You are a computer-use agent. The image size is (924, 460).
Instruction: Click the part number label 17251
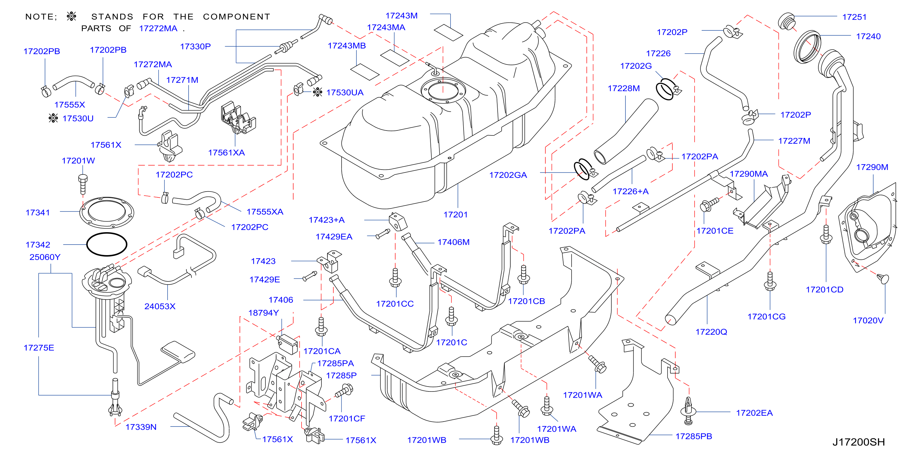[x=854, y=17]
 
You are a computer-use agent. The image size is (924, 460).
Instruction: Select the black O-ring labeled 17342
[x=107, y=244]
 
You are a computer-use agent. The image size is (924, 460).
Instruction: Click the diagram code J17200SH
[x=858, y=442]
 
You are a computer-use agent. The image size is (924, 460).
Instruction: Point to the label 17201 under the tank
[x=455, y=215]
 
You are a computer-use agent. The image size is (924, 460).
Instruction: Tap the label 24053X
[x=160, y=306]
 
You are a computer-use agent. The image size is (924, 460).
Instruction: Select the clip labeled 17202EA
[x=688, y=411]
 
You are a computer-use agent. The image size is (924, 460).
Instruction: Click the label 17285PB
[x=694, y=436]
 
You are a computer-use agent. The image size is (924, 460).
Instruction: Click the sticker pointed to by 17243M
[x=448, y=32]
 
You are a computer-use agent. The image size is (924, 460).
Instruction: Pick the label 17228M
[x=623, y=88]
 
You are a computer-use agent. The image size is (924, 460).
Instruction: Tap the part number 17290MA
[x=749, y=174]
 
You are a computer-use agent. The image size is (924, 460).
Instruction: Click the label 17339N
[x=141, y=427]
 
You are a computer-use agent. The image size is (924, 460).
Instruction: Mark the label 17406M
[x=453, y=242]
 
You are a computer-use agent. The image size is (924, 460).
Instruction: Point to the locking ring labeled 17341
[x=107, y=213]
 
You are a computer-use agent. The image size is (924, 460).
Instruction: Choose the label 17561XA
[x=226, y=153]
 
